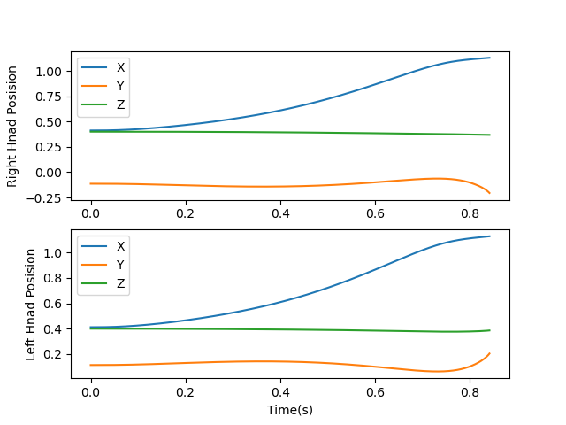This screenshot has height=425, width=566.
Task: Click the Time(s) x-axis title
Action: [290, 410]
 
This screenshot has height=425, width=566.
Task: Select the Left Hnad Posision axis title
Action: [30, 304]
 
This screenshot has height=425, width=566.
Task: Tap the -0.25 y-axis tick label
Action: [46, 197]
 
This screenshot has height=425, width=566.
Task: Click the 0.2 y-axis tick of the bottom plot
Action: [53, 354]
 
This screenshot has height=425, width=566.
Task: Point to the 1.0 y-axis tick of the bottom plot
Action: [53, 253]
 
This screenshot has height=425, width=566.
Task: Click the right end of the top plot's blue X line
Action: [489, 58]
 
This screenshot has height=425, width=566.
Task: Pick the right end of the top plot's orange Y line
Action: [489, 193]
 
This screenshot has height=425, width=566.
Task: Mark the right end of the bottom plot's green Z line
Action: [489, 330]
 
